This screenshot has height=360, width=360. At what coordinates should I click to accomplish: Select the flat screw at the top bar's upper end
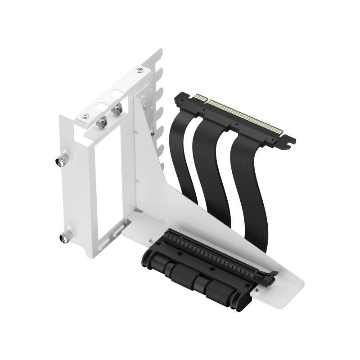[140, 70]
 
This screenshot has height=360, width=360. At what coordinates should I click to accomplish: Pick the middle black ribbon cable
[211, 175]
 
